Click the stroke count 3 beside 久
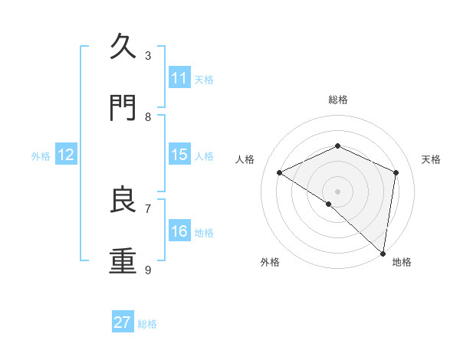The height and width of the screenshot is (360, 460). [x=148, y=55]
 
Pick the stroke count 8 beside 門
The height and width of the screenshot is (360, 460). [x=148, y=116]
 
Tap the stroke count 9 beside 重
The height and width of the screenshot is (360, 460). [x=148, y=270]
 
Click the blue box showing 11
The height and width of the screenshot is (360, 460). [x=179, y=78]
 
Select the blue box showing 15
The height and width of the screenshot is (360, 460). [x=179, y=155]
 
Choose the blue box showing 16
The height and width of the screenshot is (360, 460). [x=179, y=231]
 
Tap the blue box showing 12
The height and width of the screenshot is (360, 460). [x=66, y=155]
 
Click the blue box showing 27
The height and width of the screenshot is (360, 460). [x=123, y=322]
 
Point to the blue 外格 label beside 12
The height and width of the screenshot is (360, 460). [x=41, y=155]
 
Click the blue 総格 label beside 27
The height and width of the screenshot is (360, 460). [x=147, y=323]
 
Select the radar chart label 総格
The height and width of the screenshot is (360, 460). [x=337, y=100]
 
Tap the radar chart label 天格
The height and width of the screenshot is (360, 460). [x=431, y=159]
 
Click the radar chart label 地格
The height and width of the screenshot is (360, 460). [x=402, y=262]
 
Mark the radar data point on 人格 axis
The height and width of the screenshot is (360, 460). [x=280, y=172]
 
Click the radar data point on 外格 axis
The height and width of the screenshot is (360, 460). [x=328, y=204]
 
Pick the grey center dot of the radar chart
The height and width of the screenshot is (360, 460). [x=337, y=191]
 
